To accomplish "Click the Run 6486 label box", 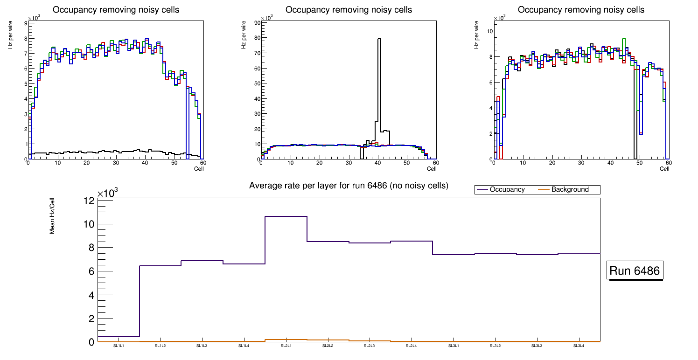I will click(635, 271).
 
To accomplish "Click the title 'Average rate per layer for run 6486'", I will click(349, 186).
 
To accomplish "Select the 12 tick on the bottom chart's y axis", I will click(89, 201).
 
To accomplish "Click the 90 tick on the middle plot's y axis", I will click(256, 22).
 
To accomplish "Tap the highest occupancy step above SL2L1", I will click(286, 216).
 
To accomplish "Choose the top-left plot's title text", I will click(116, 10).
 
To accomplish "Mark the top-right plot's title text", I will click(581, 10).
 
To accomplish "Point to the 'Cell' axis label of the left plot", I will click(199, 168).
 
